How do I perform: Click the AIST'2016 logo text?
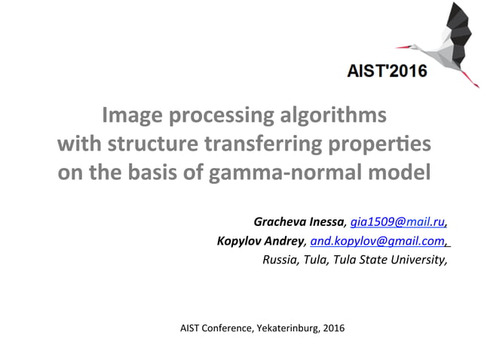coord(387,72)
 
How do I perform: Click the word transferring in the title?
coord(259,145)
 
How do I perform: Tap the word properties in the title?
coord(372,145)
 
